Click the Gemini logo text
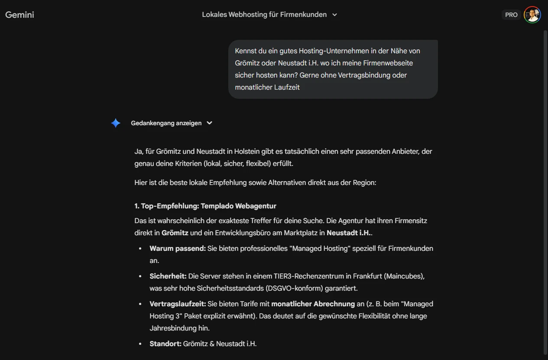click(19, 15)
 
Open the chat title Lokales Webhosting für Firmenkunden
click(264, 15)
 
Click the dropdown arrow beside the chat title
click(334, 15)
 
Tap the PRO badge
click(511, 15)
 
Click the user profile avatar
click(532, 15)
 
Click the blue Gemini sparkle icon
click(116, 123)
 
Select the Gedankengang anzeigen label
click(166, 123)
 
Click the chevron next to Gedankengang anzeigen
click(210, 123)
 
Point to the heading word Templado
click(216, 206)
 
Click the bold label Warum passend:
click(178, 248)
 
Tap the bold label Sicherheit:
click(168, 276)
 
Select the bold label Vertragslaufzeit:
click(178, 304)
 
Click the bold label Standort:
click(165, 344)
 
